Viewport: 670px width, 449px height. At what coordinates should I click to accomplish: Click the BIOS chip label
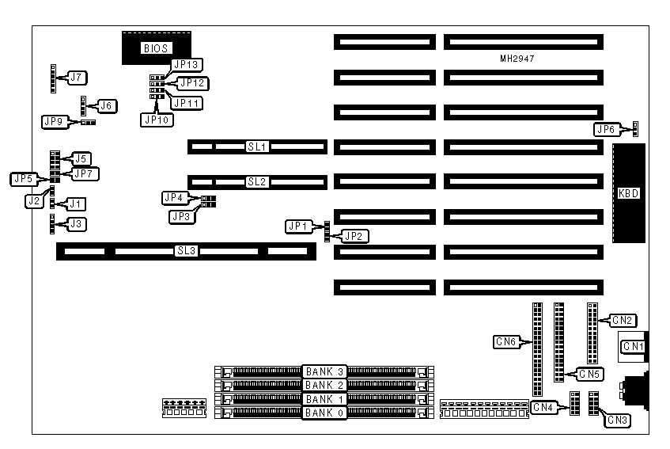pos(156,48)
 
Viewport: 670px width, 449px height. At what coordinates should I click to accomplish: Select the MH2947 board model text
pos(517,59)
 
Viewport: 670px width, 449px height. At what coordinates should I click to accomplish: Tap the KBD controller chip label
pos(629,193)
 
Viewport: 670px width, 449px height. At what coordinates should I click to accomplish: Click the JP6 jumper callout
pos(606,129)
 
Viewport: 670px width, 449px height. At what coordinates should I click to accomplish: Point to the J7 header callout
pos(77,78)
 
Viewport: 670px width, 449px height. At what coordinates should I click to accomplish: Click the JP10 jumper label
pos(154,120)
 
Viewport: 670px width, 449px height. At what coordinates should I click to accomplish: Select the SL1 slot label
pos(257,146)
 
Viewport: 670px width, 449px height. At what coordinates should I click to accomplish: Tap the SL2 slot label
pos(257,181)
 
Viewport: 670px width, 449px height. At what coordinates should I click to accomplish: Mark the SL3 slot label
pos(185,251)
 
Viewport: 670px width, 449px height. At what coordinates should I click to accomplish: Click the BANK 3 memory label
pos(325,371)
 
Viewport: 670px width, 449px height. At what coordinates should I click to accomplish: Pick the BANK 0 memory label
pos(325,413)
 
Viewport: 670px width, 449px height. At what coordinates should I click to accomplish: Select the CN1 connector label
pos(634,346)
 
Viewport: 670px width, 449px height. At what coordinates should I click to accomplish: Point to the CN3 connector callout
pos(618,420)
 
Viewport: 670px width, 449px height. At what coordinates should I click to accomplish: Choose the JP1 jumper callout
pos(298,226)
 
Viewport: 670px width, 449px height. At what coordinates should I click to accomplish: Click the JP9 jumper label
pos(54,121)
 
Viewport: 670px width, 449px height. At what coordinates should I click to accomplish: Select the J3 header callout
pos(77,224)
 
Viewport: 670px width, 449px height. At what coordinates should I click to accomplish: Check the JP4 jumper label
pos(174,197)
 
